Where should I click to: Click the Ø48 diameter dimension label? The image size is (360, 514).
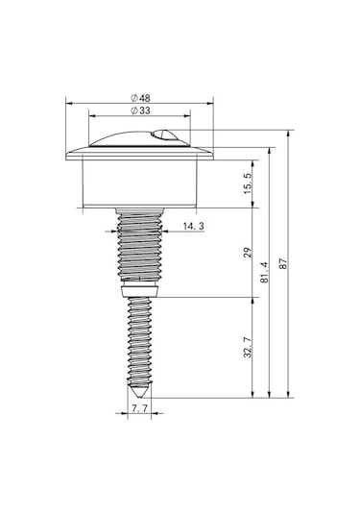[x=140, y=98]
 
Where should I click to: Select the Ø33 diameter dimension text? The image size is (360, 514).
[x=140, y=110]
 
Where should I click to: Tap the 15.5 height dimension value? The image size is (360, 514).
[x=248, y=184]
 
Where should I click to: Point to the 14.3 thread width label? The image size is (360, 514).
[x=193, y=226]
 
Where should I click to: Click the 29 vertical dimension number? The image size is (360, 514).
[x=248, y=252]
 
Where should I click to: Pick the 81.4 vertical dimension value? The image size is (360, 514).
[x=265, y=272]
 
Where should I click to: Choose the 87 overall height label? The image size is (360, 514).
[x=283, y=263]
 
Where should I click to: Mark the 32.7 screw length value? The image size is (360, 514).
[x=248, y=347]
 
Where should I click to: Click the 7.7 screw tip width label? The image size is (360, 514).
[x=139, y=408]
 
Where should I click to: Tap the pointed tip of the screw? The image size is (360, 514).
[x=139, y=398]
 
